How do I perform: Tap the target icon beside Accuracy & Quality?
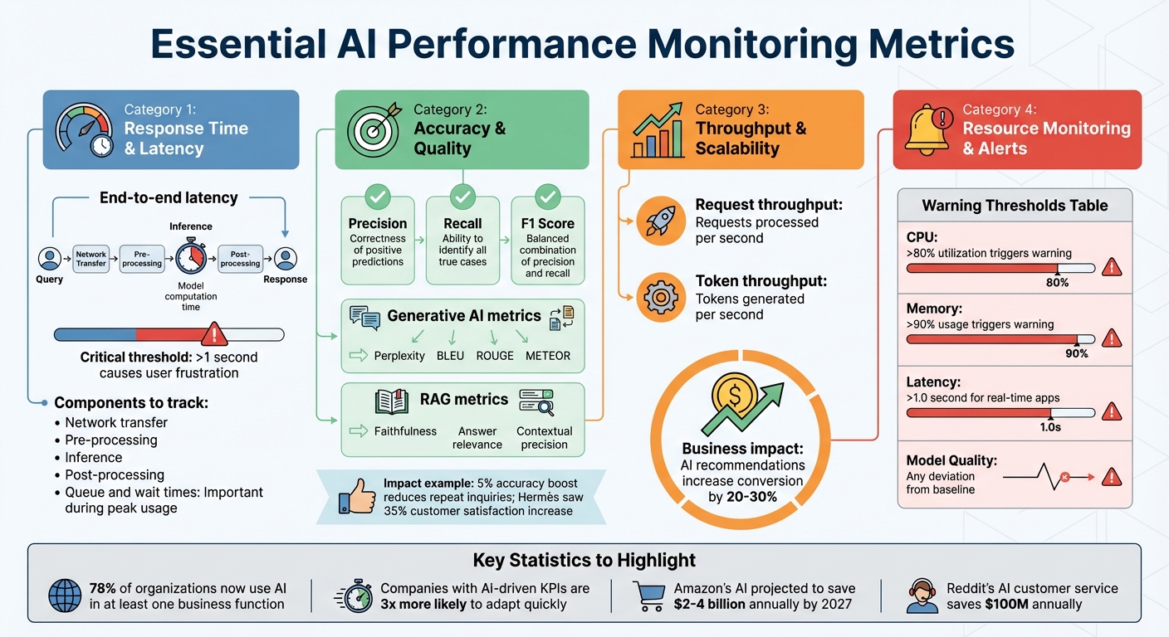(x=372, y=129)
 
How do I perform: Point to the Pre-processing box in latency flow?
(x=141, y=258)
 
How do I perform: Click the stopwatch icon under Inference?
(x=190, y=257)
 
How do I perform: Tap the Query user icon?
(x=50, y=258)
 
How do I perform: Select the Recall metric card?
(x=462, y=236)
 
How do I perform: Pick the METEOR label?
(x=548, y=356)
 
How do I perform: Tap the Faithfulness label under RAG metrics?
(x=404, y=431)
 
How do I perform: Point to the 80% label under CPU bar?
(x=1057, y=283)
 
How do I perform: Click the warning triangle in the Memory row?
(x=1111, y=338)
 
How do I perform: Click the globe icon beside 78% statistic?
(x=65, y=596)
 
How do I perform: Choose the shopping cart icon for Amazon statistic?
(x=649, y=596)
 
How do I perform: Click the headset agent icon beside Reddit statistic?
(x=922, y=596)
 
